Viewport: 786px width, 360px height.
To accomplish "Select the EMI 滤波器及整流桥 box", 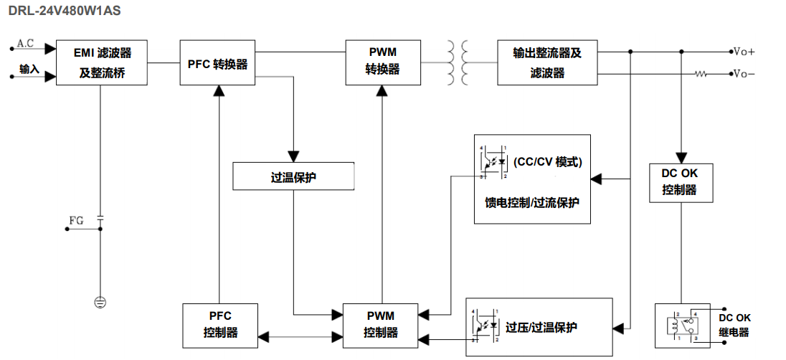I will pos(101,63).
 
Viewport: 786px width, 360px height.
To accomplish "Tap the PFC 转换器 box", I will pos(217,63).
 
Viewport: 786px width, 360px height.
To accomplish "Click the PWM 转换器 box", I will pos(382,62).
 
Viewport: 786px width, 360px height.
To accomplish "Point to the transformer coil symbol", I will pos(460,62).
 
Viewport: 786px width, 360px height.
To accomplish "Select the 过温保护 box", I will pos(293,176).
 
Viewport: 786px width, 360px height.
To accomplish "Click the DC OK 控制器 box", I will pos(678,182).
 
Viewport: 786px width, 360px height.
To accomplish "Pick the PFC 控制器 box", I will pos(220,324).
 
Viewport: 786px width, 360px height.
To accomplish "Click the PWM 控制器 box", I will pos(380,324).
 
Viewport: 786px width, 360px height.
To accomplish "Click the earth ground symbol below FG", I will pos(100,302).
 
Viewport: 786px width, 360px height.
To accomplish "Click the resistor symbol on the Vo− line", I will pos(701,74).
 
